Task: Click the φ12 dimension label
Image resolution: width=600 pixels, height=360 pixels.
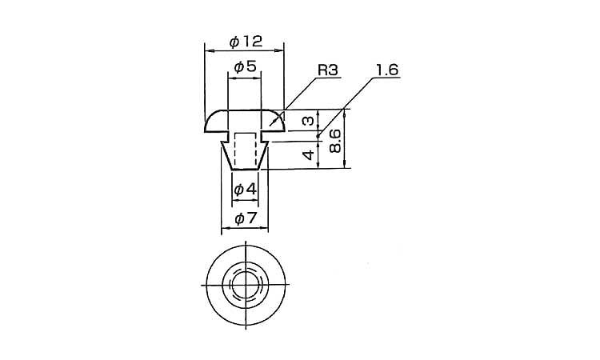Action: click(x=246, y=42)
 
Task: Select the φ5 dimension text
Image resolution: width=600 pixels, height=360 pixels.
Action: click(x=245, y=67)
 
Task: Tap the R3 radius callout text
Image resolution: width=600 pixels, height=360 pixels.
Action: click(x=328, y=70)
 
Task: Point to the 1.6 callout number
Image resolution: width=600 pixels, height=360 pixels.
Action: click(x=387, y=70)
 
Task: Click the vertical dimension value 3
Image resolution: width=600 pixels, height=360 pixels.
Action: click(x=308, y=121)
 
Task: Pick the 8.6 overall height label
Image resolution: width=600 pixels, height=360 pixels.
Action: click(x=335, y=141)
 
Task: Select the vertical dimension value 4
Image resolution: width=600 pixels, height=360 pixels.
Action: click(x=308, y=155)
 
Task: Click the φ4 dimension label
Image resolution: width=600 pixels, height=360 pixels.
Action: click(x=245, y=189)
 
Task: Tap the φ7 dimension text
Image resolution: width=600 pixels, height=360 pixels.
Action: click(x=245, y=219)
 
